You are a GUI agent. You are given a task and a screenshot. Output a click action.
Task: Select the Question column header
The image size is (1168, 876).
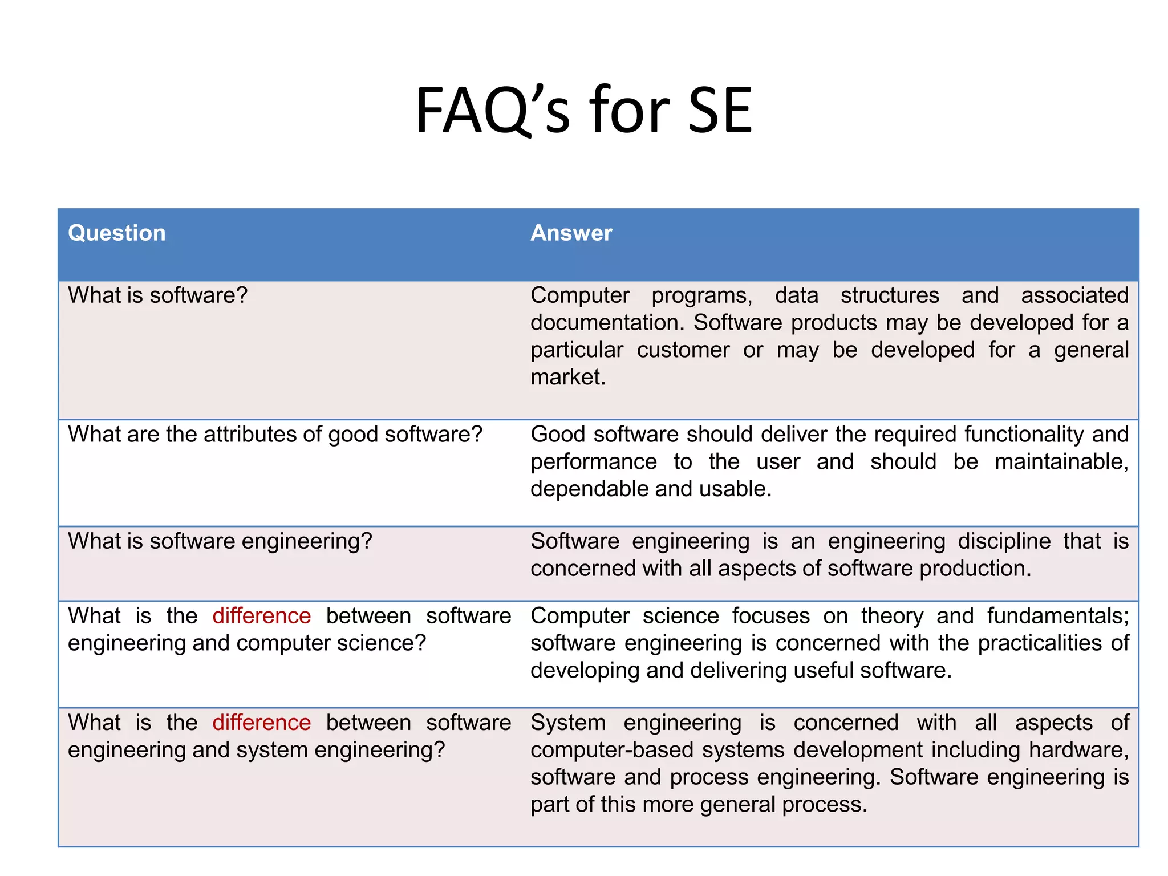click(x=117, y=233)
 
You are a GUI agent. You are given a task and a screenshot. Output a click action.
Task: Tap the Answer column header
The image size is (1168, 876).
click(x=571, y=233)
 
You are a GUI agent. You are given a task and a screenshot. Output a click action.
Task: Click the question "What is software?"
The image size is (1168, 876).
click(x=157, y=295)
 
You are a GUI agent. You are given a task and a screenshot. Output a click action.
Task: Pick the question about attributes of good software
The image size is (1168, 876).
click(x=275, y=435)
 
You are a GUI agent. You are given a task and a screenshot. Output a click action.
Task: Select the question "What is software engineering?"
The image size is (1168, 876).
click(x=220, y=541)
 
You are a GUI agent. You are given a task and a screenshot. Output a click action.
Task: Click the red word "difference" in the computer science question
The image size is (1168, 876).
click(x=261, y=616)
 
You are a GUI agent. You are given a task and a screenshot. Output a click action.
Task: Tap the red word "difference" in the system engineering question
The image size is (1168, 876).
click(x=261, y=723)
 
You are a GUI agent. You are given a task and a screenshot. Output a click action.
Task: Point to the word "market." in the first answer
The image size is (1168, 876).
click(x=568, y=378)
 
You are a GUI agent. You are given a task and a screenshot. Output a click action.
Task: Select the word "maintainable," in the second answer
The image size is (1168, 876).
click(x=1061, y=462)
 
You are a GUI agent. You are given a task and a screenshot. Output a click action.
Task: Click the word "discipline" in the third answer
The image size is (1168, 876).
click(x=1004, y=541)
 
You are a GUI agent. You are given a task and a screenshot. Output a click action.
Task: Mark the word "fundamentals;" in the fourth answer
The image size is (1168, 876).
click(x=1058, y=616)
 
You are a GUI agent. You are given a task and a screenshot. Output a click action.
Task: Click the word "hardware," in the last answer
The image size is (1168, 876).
click(x=1078, y=750)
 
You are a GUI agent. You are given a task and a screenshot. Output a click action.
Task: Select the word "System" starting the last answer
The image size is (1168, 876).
click(x=568, y=723)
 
